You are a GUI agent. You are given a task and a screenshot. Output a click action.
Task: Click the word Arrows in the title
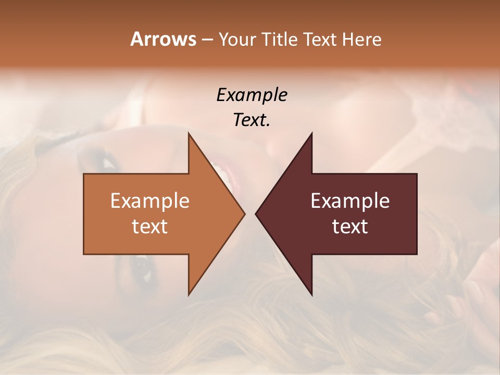click(162, 39)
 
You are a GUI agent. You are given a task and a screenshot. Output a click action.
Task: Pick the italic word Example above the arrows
click(252, 95)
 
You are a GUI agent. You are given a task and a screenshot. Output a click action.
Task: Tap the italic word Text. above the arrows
click(252, 120)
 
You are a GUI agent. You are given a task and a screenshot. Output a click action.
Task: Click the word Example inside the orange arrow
click(150, 201)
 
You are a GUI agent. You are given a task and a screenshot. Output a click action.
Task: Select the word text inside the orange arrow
click(150, 226)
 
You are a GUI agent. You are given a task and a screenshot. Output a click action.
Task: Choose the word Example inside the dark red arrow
click(350, 201)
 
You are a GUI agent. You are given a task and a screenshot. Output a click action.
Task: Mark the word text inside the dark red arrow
click(350, 226)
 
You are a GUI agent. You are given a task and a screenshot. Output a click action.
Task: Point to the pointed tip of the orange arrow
click(244, 214)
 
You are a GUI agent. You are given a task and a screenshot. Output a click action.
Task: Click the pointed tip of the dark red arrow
click(256, 214)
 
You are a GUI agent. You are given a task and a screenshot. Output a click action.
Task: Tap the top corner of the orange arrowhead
click(189, 133)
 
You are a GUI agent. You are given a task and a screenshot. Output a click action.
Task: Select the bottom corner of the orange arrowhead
click(189, 295)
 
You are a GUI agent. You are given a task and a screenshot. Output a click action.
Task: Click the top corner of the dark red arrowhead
click(311, 133)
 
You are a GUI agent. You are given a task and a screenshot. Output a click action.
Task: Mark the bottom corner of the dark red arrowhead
click(311, 295)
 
